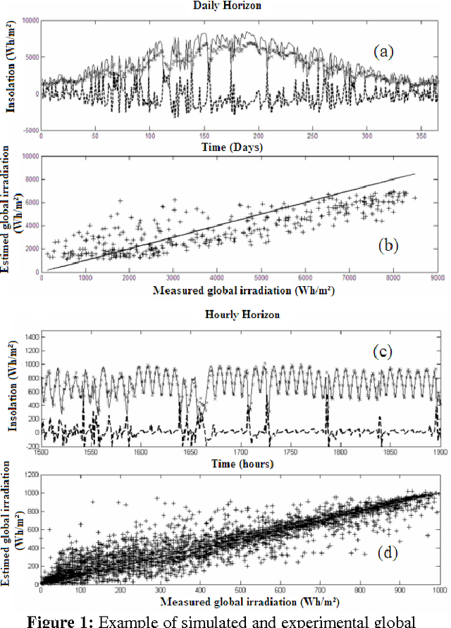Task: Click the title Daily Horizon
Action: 225,6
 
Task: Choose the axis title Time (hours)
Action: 241,464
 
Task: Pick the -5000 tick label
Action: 28,130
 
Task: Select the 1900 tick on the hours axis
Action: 437,450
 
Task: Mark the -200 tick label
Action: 30,446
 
